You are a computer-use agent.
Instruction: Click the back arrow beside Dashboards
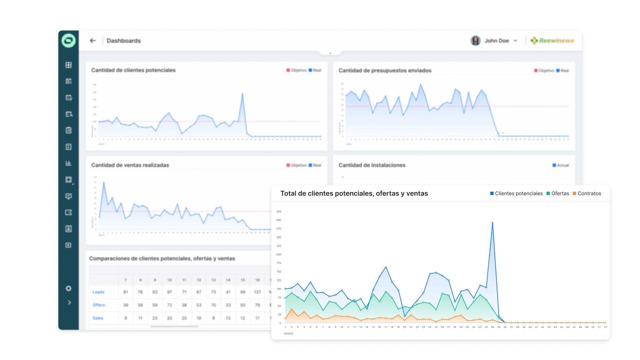pyautogui.click(x=93, y=41)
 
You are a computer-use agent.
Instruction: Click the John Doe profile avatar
pyautogui.click(x=475, y=41)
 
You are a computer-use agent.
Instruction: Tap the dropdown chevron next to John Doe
pyautogui.click(x=515, y=41)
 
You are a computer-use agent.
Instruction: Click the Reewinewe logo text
pyautogui.click(x=556, y=41)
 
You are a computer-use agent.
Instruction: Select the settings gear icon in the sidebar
pyautogui.click(x=69, y=288)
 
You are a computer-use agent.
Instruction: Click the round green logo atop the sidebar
pyautogui.click(x=69, y=41)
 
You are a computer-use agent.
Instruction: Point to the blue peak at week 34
pyautogui.click(x=492, y=223)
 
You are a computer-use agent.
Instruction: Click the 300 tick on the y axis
pyautogui.click(x=279, y=220)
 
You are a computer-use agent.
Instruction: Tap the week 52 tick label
pyautogui.click(x=605, y=327)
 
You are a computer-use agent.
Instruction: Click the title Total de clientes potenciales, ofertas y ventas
pyautogui.click(x=354, y=194)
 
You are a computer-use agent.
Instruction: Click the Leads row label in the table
pyautogui.click(x=98, y=292)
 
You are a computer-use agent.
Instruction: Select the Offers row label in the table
pyautogui.click(x=99, y=305)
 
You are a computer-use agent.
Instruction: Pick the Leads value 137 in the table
pyautogui.click(x=257, y=292)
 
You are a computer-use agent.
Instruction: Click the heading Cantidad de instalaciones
pyautogui.click(x=372, y=165)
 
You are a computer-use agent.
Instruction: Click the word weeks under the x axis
pyautogui.click(x=288, y=333)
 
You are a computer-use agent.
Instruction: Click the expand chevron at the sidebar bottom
pyautogui.click(x=69, y=303)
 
